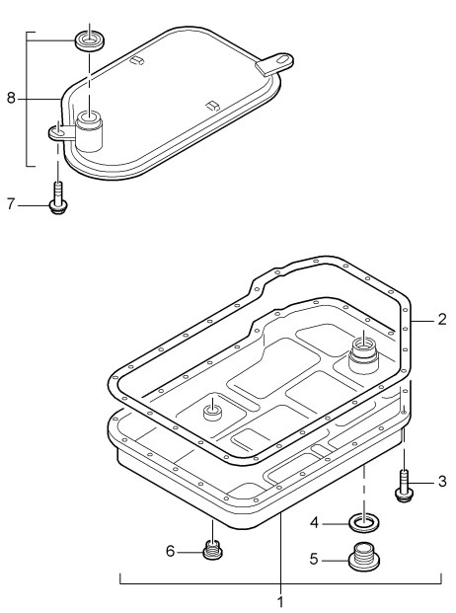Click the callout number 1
(280, 603)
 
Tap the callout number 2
(442, 320)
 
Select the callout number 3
(442, 482)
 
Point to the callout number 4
(315, 522)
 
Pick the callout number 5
(314, 559)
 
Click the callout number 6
(170, 551)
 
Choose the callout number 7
(11, 203)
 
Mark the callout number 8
(11, 98)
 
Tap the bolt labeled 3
(404, 486)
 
